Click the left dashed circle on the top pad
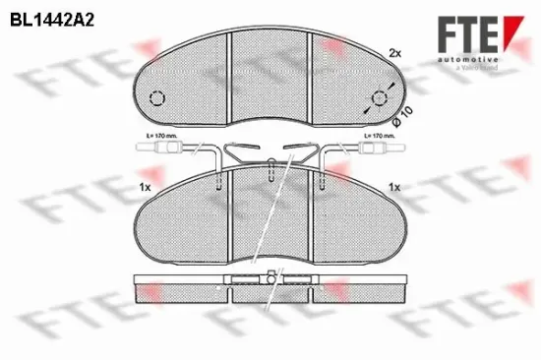tap(156, 97)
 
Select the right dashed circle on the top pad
tap(380, 97)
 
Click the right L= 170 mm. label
tap(380, 135)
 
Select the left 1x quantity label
tap(144, 187)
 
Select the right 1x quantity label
tap(394, 187)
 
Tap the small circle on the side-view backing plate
tap(265, 280)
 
